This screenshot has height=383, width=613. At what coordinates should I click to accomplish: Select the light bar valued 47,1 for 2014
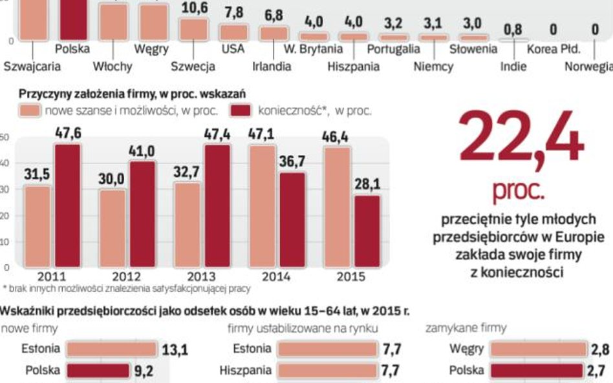click(262, 206)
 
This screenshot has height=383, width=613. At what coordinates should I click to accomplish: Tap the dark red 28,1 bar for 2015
click(367, 231)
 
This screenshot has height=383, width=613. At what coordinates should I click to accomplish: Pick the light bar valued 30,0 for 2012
click(113, 228)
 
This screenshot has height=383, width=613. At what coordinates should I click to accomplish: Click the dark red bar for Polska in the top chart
click(72, 19)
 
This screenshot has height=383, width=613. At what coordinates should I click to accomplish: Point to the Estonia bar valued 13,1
click(111, 349)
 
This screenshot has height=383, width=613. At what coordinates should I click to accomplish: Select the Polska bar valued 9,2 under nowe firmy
click(98, 371)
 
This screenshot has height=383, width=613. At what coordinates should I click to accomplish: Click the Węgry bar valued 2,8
click(537, 349)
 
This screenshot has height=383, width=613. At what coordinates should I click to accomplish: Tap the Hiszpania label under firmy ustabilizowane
click(245, 371)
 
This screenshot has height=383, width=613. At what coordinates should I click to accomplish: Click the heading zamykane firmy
click(466, 329)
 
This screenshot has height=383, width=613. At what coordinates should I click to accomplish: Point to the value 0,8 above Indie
click(514, 30)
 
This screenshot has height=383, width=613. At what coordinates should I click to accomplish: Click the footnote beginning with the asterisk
click(126, 289)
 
